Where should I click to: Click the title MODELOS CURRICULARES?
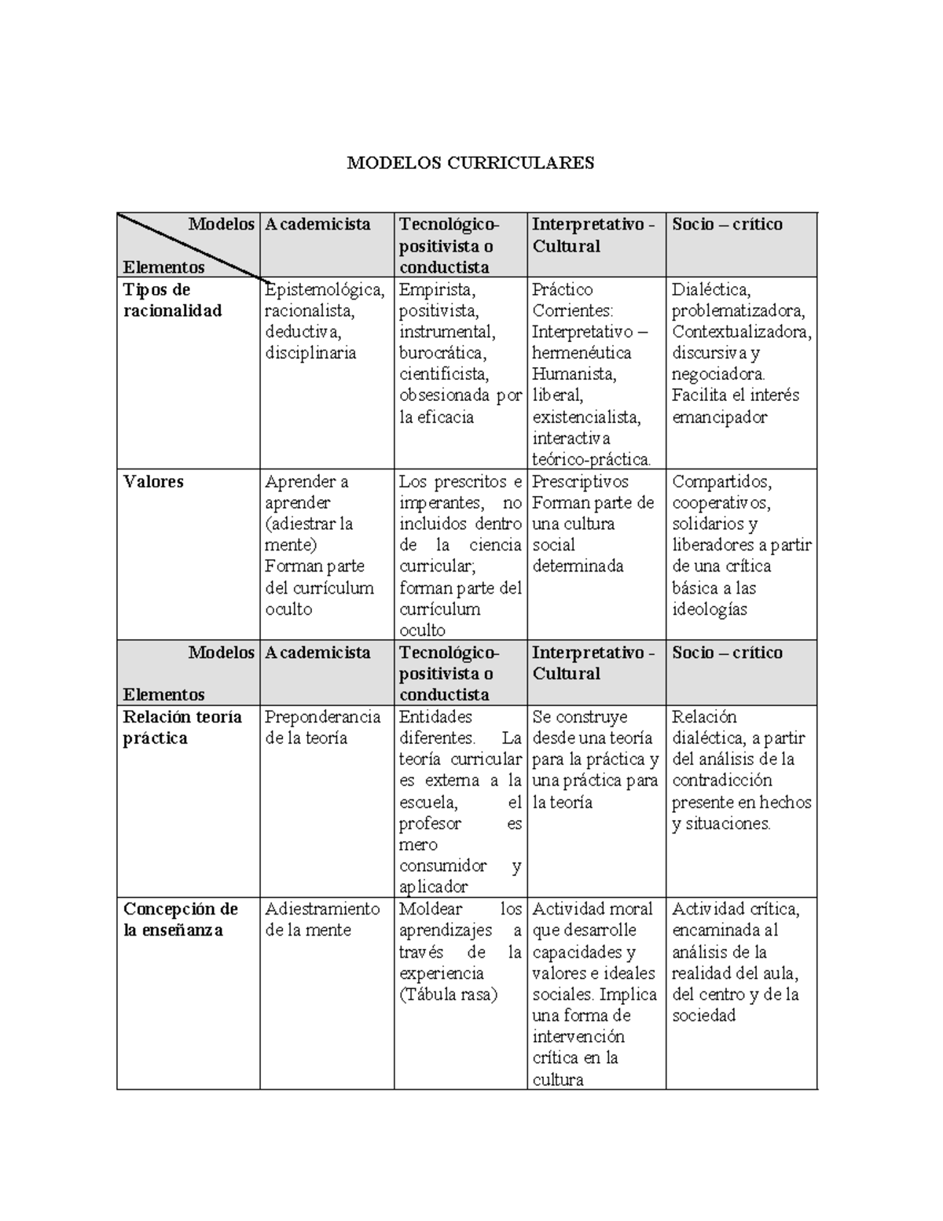pyautogui.click(x=471, y=163)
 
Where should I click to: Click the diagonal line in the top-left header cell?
pyautogui.click(x=189, y=245)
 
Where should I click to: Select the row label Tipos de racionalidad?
pyautogui.click(x=172, y=300)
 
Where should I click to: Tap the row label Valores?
pyautogui.click(x=152, y=481)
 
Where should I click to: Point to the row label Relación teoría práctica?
pyautogui.click(x=182, y=727)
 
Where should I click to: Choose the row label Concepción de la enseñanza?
pyautogui.click(x=180, y=919)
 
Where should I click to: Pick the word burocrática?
pyautogui.click(x=442, y=353)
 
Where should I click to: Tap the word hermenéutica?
pyautogui.click(x=582, y=353)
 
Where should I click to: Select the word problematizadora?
pyautogui.click(x=738, y=311)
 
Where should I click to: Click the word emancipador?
pyautogui.click(x=719, y=417)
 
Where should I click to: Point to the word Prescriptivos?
pyautogui.click(x=580, y=481)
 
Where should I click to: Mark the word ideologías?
pyautogui.click(x=709, y=609)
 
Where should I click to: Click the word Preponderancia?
pyautogui.click(x=323, y=717)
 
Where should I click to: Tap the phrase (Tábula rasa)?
pyautogui.click(x=448, y=994)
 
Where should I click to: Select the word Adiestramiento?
pyautogui.click(x=322, y=909)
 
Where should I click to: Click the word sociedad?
pyautogui.click(x=704, y=1015)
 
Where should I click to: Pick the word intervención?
pyautogui.click(x=578, y=1036)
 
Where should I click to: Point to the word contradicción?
pyautogui.click(x=722, y=781)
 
